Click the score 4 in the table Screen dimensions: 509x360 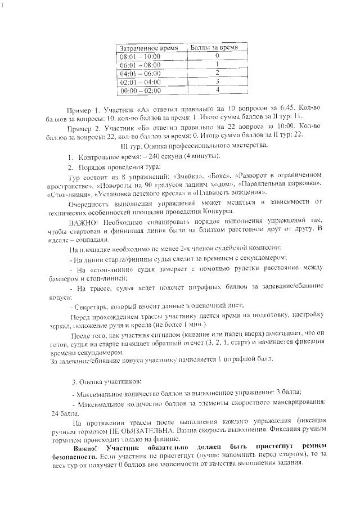click(217, 90)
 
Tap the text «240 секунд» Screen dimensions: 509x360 click(161, 156)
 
